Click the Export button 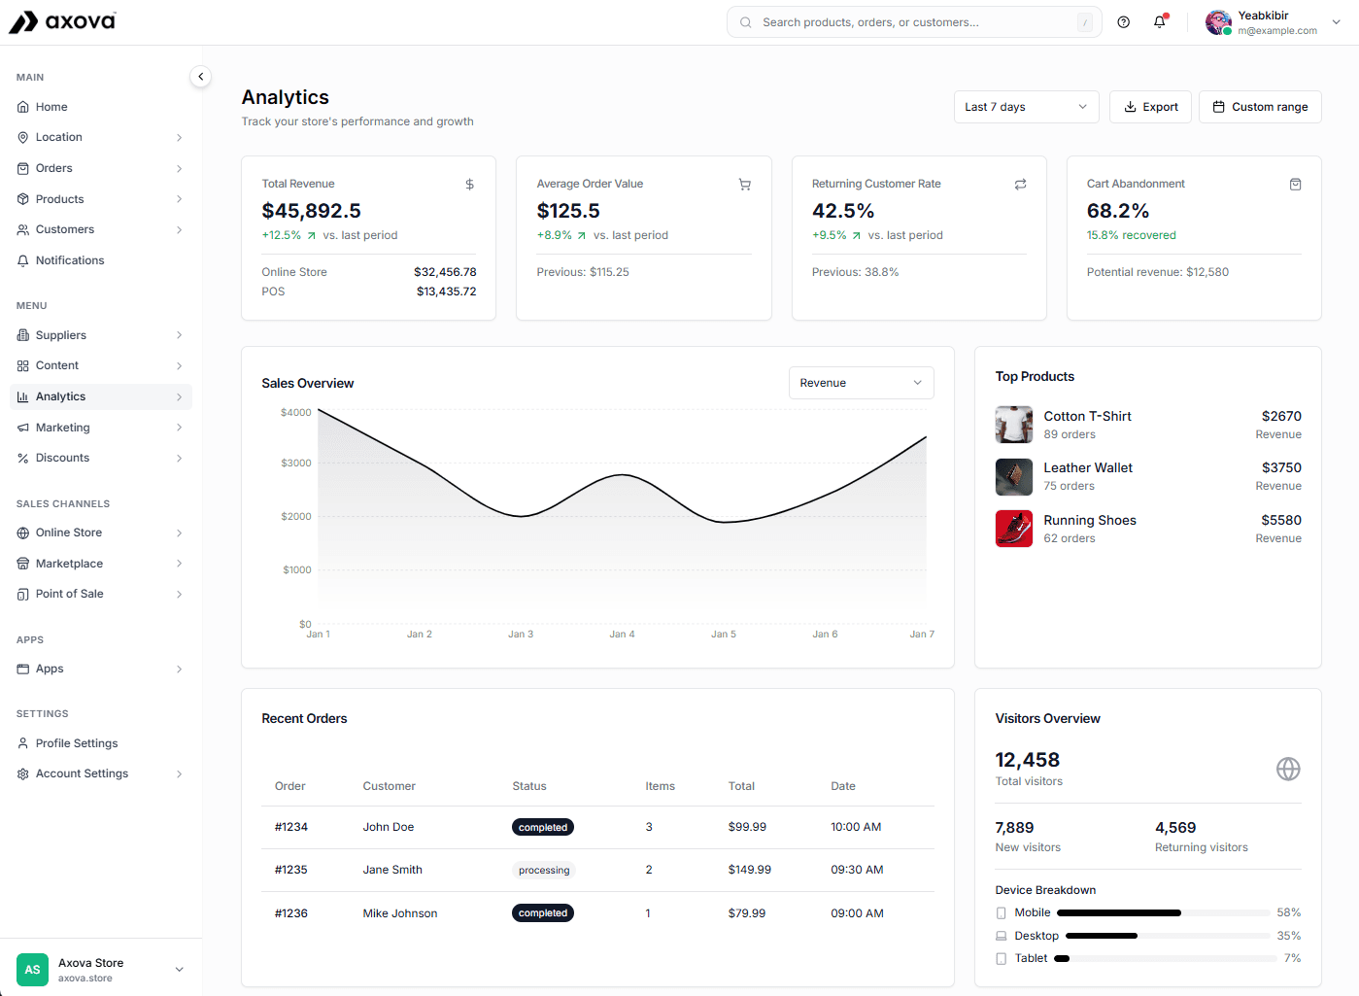(1151, 107)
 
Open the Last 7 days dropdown (1026, 107)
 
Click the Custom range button (1260, 107)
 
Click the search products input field (913, 22)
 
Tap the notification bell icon (1159, 22)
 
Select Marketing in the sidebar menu (63, 428)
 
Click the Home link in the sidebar (51, 107)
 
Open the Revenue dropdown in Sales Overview (861, 383)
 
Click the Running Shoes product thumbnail (1013, 529)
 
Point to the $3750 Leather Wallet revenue (1280, 467)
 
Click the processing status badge (544, 871)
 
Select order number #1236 (290, 913)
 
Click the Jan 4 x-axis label (622, 635)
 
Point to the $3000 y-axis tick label (295, 464)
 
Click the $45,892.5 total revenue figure (311, 211)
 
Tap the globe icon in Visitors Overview (1287, 770)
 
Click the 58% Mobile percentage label (1288, 912)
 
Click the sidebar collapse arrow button (200, 77)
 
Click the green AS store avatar (32, 970)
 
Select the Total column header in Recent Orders (741, 786)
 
